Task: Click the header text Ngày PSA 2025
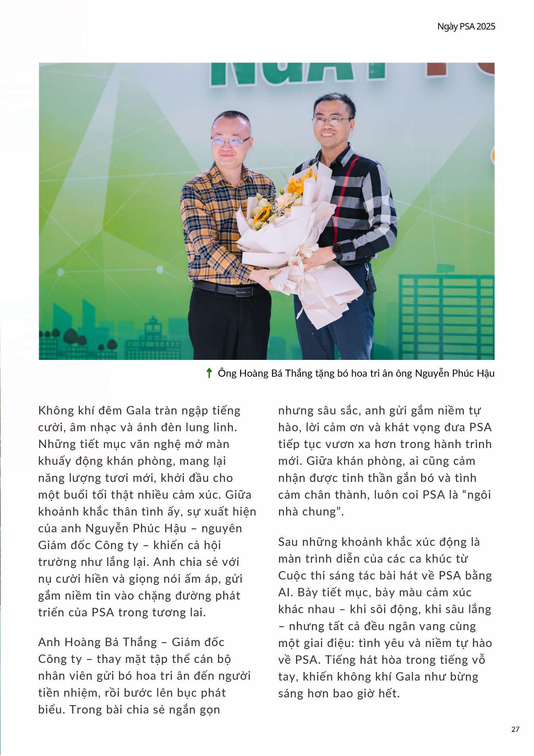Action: click(x=466, y=27)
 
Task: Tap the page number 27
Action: click(x=515, y=729)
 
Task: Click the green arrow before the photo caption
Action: click(x=209, y=373)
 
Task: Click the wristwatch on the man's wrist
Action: click(x=337, y=250)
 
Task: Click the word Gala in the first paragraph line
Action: click(x=138, y=410)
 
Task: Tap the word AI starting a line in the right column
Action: click(x=285, y=592)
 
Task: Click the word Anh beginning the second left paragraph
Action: click(x=49, y=642)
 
